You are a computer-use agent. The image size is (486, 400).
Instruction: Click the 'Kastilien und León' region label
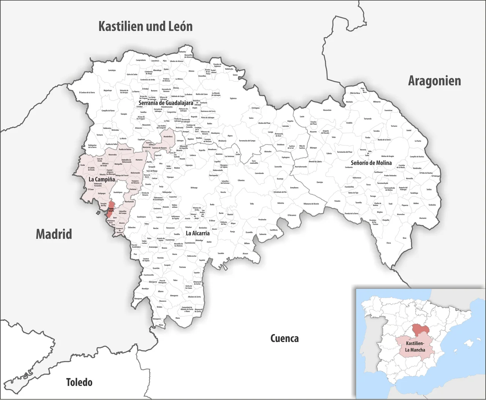pos(145,26)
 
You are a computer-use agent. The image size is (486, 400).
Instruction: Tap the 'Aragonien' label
pos(434,81)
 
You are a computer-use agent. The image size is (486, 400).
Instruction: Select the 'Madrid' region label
pos(54,234)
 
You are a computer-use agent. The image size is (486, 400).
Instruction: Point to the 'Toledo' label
pos(79,382)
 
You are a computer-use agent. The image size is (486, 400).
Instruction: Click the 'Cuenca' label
pos(284,338)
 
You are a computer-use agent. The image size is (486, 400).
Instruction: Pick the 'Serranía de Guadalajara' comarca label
pos(166,103)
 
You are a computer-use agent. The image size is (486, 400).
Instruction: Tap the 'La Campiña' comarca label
pos(101,179)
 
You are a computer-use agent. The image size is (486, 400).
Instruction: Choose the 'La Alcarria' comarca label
pos(197,233)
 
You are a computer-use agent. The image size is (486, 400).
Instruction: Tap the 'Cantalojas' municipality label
pos(112,70)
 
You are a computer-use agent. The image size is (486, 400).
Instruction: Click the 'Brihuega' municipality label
pos(194,187)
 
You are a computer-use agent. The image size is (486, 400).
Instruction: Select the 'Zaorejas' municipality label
pos(320,182)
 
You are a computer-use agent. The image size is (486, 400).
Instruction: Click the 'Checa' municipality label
pos(388,243)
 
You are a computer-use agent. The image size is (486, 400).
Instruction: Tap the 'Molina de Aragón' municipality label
pos(388,156)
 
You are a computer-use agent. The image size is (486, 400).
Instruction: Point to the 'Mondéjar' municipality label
pos(145,289)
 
